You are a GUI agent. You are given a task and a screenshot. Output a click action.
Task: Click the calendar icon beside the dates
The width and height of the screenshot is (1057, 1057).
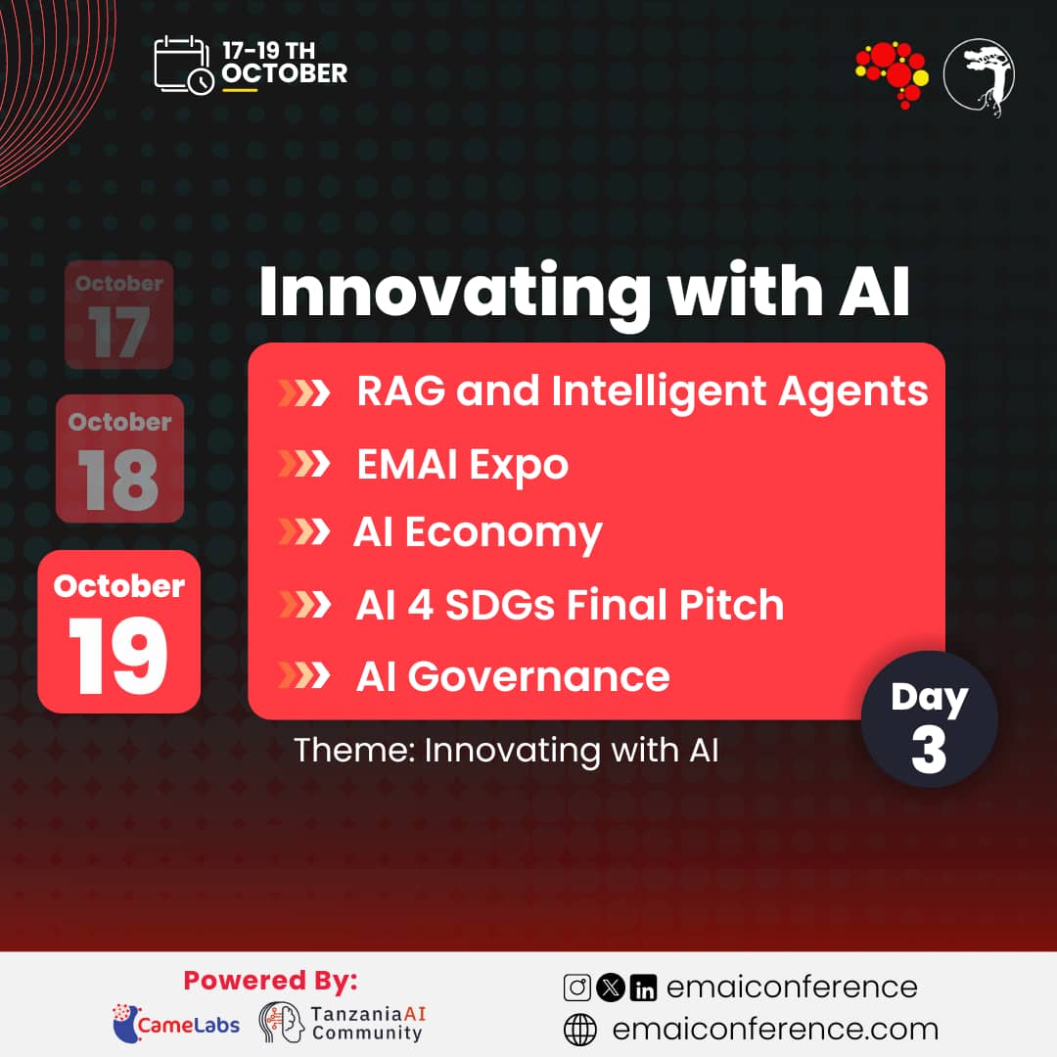pyautogui.click(x=183, y=65)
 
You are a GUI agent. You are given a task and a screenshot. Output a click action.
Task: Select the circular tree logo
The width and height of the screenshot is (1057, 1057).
pyautogui.click(x=979, y=77)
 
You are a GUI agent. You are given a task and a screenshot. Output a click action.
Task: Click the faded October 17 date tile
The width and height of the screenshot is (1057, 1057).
pyautogui.click(x=119, y=314)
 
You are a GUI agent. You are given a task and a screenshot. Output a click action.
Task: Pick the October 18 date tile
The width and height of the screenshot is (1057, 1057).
pyautogui.click(x=119, y=458)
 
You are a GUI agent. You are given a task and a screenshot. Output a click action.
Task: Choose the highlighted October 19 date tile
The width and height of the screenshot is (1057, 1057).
pyautogui.click(x=118, y=631)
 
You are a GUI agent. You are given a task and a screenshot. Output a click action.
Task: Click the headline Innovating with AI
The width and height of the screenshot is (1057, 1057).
pyautogui.click(x=583, y=291)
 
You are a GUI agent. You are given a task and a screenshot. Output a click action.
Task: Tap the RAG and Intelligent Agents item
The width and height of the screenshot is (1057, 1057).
pyautogui.click(x=641, y=391)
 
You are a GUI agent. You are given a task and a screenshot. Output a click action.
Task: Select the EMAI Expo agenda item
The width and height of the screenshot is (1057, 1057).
pyautogui.click(x=462, y=464)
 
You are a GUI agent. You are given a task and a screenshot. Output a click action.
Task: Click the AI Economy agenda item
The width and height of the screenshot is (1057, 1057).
pyautogui.click(x=477, y=532)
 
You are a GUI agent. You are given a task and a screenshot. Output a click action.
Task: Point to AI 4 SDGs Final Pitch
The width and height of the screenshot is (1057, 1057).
pyautogui.click(x=570, y=605)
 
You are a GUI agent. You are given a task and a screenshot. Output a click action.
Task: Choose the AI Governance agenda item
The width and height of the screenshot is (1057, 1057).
pyautogui.click(x=512, y=676)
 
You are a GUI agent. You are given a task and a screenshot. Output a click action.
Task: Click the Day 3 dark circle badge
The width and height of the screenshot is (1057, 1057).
pyautogui.click(x=929, y=719)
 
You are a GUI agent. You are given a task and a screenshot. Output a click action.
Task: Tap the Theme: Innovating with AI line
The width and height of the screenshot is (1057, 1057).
pyautogui.click(x=506, y=751)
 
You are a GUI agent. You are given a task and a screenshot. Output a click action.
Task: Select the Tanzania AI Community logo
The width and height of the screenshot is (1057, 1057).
pyautogui.click(x=343, y=1022)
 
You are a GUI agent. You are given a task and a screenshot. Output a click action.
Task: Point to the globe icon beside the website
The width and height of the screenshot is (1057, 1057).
pyautogui.click(x=580, y=1030)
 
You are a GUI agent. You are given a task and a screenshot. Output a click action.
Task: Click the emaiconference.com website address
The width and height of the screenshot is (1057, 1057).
pyautogui.click(x=774, y=1030)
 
